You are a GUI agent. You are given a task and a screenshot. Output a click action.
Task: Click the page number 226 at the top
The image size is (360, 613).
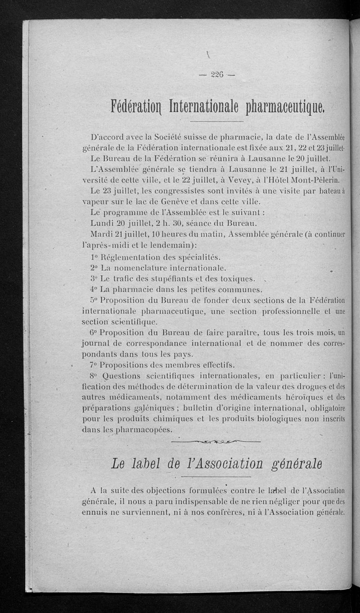(x=217, y=75)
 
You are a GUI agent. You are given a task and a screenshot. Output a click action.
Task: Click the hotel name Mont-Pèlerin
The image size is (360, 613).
(x=317, y=180)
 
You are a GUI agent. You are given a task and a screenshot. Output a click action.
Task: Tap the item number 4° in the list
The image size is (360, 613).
(x=94, y=289)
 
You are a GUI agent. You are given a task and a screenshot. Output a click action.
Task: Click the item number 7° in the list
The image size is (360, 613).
(x=94, y=365)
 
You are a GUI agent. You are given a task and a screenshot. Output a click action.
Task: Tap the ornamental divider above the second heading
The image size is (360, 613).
(x=216, y=442)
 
